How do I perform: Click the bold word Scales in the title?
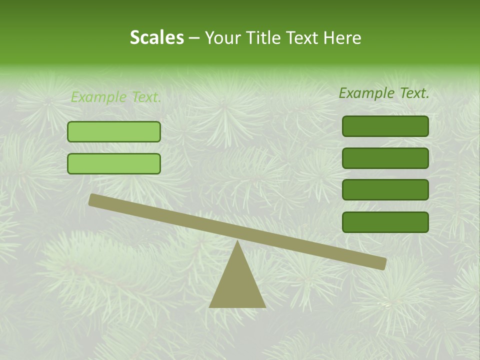156,38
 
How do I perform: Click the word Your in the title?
223,38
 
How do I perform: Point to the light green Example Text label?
116,97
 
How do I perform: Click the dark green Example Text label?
384,93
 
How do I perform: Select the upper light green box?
114,131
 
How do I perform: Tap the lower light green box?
114,163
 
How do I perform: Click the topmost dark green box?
385,126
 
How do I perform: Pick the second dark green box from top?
385,158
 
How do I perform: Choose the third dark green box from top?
385,190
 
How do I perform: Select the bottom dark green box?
385,222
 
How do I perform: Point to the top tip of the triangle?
237,241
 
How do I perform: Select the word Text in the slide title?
303,38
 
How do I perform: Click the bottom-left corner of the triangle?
210,306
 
